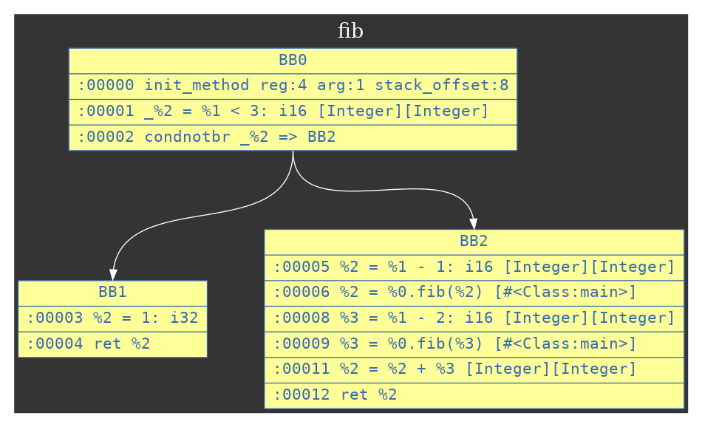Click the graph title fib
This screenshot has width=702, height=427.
350,31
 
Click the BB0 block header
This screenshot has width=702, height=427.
293,61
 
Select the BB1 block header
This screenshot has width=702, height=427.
112,293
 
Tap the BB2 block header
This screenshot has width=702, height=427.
474,242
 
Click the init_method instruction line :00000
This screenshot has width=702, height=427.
293,86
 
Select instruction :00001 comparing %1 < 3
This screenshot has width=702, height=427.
284,112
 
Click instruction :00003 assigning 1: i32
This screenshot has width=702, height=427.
112,318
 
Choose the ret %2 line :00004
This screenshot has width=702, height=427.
89,344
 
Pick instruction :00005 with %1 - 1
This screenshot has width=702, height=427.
474,267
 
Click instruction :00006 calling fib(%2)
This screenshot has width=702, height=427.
455,293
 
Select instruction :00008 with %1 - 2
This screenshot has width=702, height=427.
474,318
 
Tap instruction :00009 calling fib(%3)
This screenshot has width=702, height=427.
455,344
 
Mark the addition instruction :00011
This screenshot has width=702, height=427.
455,369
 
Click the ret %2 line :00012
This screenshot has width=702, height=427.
335,394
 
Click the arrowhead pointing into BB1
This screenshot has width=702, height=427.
112,275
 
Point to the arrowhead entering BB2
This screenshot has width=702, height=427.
473,224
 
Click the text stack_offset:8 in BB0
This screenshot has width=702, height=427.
441,86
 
